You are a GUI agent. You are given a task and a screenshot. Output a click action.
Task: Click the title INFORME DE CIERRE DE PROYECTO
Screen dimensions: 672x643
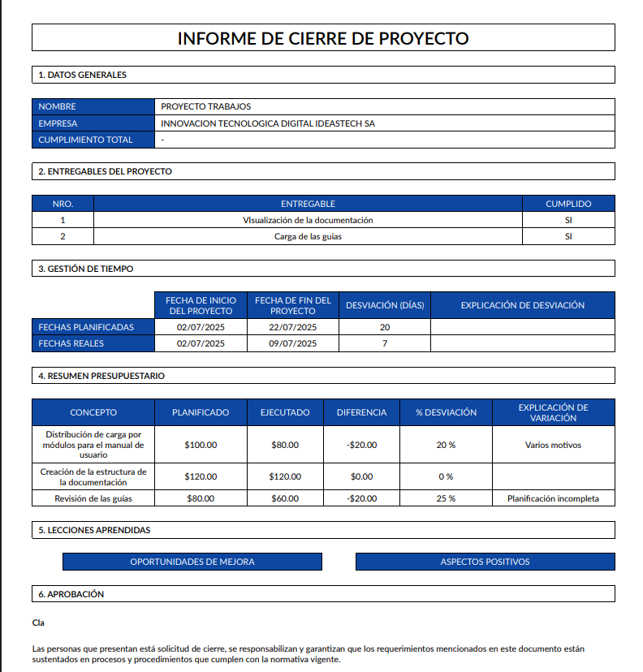(322, 38)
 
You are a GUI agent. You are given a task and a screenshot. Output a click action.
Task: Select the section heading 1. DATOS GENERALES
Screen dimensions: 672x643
(83, 75)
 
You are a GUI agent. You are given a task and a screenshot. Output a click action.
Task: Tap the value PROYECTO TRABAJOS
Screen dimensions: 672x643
(206, 106)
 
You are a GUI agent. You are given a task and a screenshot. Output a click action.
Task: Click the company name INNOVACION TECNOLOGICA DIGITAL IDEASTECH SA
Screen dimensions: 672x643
(268, 123)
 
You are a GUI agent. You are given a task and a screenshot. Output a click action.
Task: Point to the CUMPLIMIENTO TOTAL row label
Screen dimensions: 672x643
(85, 140)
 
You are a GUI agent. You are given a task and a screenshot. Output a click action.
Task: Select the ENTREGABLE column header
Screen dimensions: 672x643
(308, 204)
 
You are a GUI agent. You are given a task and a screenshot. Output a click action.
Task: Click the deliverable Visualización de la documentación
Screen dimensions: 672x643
(308, 220)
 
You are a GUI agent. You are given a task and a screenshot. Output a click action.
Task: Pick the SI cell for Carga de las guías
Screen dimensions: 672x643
(568, 236)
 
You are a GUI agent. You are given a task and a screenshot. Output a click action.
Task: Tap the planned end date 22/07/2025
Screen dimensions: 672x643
(292, 327)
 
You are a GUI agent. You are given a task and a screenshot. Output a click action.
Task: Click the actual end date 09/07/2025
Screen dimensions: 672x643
(292, 343)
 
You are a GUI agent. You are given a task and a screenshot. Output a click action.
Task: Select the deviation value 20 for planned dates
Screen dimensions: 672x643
(384, 327)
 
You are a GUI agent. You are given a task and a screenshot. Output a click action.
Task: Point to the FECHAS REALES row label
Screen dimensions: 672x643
(71, 343)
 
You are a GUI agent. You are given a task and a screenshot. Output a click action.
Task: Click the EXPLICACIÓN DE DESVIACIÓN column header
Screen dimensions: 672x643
(522, 305)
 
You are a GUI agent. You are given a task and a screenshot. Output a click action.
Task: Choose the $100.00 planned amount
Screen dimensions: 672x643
(201, 445)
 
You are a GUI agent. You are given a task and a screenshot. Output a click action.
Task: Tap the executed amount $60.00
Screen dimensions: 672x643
(285, 498)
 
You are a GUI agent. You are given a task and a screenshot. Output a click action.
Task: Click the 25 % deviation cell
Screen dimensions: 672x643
(446, 498)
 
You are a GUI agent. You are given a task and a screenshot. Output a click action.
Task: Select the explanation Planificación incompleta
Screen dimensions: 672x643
(553, 498)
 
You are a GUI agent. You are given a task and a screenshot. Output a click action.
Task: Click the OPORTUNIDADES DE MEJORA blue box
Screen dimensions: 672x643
(192, 562)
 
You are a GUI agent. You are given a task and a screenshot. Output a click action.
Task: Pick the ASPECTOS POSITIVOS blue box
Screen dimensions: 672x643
(485, 562)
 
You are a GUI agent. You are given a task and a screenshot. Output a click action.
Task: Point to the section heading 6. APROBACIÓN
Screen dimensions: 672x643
(71, 594)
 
